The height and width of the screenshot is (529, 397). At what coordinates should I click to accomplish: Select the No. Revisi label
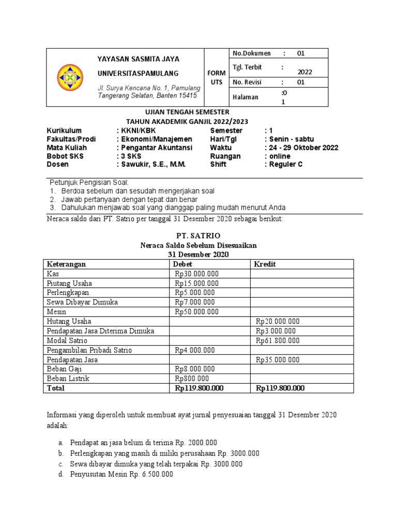tap(248, 82)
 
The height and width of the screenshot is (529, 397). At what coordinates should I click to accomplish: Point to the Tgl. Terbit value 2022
tap(304, 72)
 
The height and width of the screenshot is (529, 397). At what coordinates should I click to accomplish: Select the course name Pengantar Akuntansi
tap(156, 148)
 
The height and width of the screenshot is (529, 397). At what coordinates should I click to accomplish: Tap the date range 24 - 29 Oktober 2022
tap(301, 148)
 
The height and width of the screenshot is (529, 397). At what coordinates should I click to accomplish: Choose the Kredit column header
tap(264, 264)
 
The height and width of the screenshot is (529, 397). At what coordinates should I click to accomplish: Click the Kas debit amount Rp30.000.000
tap(196, 274)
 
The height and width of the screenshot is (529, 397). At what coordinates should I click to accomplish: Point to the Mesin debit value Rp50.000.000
tap(196, 312)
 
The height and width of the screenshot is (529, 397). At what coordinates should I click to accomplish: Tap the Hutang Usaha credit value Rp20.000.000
tap(278, 321)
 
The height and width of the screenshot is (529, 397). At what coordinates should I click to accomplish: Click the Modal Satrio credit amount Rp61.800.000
tap(278, 340)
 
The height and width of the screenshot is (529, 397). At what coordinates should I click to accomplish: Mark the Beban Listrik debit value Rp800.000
tap(191, 379)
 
